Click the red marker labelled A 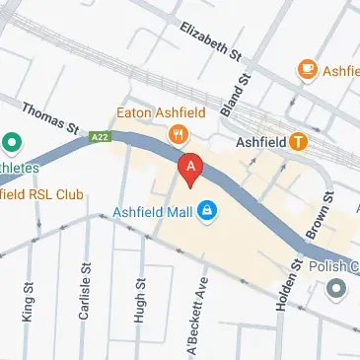point(190,168)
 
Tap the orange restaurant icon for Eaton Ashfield point(179,134)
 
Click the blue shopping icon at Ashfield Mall point(207,210)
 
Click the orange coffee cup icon point(307,69)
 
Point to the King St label point(25,301)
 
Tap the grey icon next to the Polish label point(338,290)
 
